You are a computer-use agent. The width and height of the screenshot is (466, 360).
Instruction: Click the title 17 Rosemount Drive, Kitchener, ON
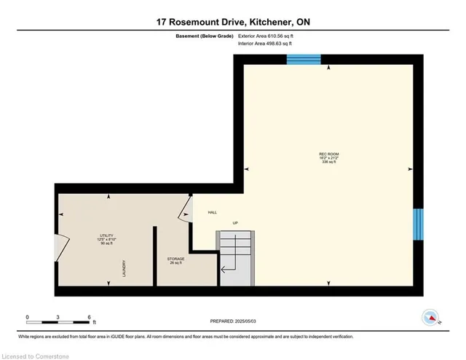[x=232, y=22]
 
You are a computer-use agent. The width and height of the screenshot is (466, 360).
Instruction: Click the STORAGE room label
[x=175, y=260]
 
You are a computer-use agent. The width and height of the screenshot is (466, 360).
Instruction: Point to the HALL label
[x=213, y=212]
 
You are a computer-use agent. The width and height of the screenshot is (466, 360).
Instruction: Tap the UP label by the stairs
[x=235, y=223]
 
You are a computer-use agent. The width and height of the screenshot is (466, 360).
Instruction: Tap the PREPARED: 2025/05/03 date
[x=232, y=321]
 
